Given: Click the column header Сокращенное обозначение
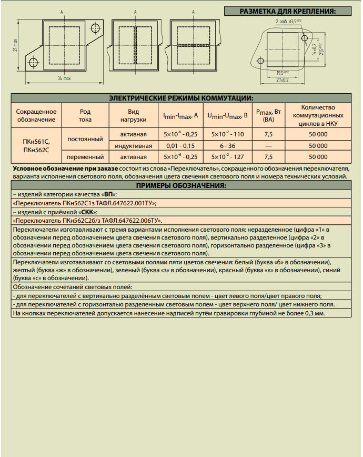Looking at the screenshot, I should (36, 115).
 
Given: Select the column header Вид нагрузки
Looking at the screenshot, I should (134, 115).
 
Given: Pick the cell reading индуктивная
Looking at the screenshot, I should (134, 145).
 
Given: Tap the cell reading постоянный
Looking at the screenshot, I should (85, 140).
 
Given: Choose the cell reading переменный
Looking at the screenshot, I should (85, 156).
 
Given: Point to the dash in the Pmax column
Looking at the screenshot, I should (268, 145).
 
